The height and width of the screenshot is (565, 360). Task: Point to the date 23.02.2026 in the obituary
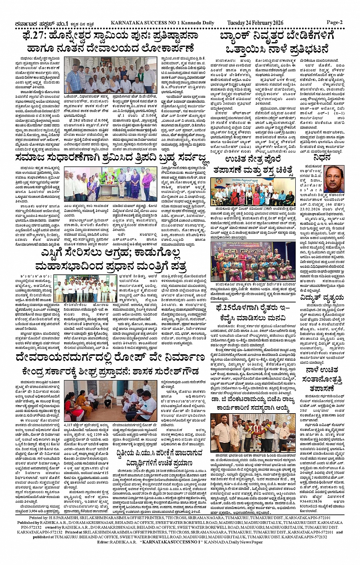pyautogui.click(x=313, y=208)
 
